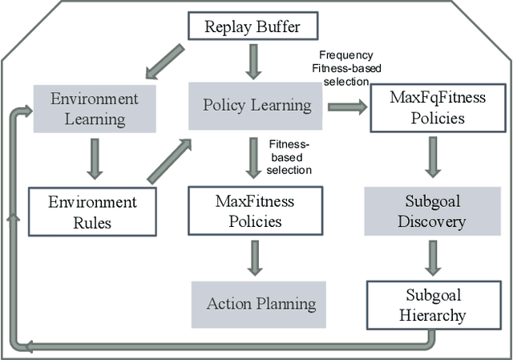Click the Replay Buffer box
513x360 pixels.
(252, 26)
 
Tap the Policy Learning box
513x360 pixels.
(256, 106)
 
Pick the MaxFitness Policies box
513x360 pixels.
(254, 212)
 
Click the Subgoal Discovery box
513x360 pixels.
(431, 212)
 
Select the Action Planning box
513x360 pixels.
(261, 304)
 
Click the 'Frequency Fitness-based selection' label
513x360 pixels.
(341, 68)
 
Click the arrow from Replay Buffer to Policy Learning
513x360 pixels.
(254, 60)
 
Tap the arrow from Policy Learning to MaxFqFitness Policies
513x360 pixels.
(346, 107)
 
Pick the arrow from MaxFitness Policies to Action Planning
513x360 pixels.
(254, 257)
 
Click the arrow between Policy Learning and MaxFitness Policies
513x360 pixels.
(254, 158)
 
